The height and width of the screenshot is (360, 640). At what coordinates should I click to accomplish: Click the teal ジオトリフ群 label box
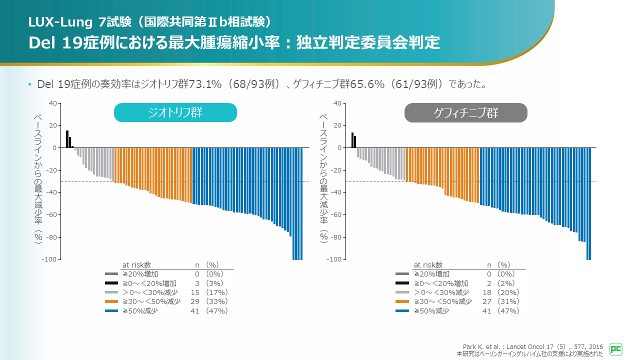[175, 112]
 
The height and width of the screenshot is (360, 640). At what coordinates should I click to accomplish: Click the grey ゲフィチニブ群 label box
[465, 112]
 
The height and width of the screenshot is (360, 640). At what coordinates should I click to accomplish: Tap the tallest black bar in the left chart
[67, 139]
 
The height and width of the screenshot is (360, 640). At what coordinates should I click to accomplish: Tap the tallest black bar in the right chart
[352, 140]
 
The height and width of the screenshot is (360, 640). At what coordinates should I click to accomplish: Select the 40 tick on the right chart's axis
[337, 103]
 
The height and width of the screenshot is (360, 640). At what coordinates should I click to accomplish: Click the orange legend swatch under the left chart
[111, 301]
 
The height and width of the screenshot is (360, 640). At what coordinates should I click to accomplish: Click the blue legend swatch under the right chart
[402, 311]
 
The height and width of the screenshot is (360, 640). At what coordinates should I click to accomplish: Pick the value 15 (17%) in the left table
[209, 292]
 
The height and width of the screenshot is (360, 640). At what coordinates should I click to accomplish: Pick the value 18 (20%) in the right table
[501, 292]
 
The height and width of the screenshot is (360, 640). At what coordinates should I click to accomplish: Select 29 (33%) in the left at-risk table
[209, 301]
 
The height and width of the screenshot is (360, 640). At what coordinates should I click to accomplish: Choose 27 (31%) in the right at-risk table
[501, 301]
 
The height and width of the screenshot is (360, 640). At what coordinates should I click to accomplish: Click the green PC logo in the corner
[616, 349]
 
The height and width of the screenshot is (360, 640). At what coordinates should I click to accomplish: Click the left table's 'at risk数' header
[136, 264]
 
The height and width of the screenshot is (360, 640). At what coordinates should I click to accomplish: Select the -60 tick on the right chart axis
[337, 215]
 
